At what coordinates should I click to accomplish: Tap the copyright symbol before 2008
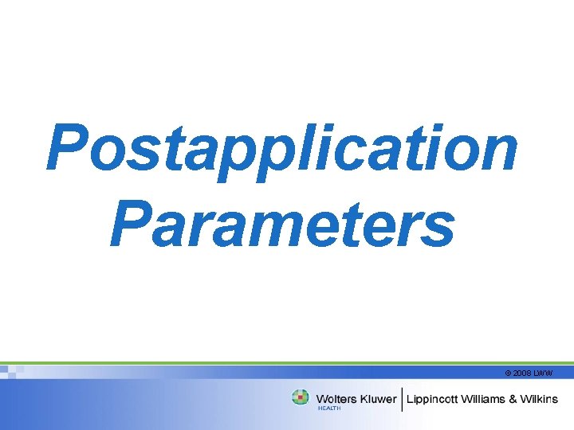click(509, 373)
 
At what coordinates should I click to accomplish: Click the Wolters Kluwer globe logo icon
click(301, 397)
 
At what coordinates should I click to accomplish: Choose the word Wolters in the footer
click(336, 399)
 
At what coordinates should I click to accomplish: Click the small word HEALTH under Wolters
click(329, 408)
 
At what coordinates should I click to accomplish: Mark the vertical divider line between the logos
click(402, 399)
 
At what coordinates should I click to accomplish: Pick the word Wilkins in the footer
click(544, 399)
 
